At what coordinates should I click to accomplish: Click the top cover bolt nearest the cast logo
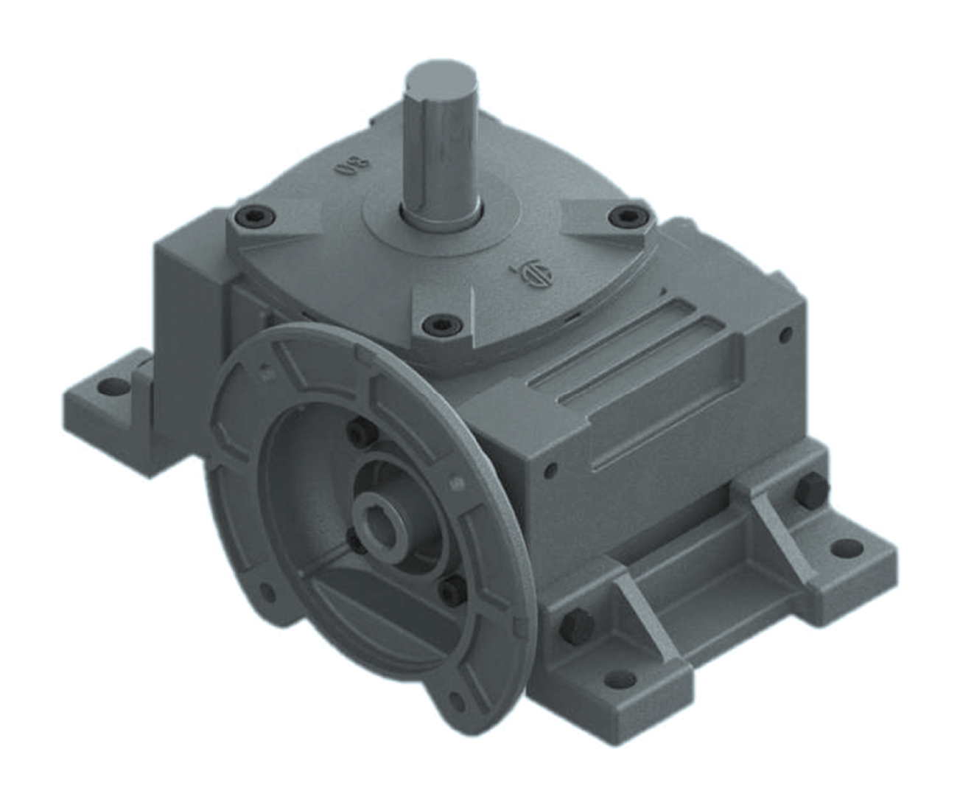[x=626, y=215]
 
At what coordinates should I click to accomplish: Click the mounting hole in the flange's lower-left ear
[x=264, y=592]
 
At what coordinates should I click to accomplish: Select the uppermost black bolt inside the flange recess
[x=358, y=431]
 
